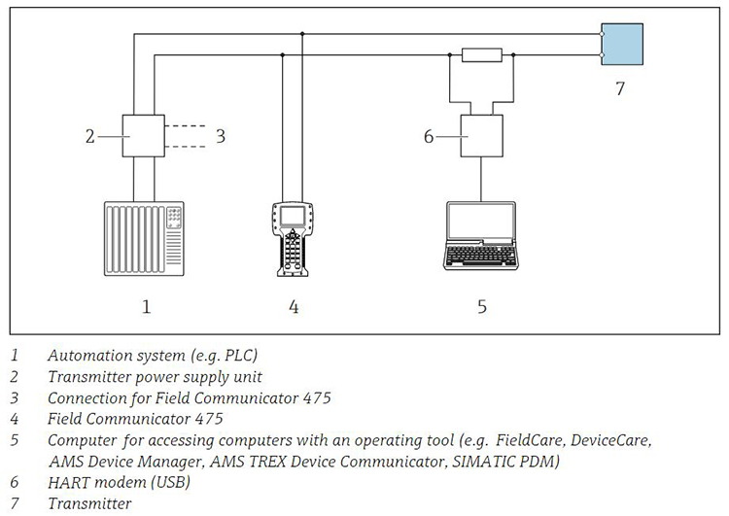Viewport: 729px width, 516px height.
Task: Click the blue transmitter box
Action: (622, 44)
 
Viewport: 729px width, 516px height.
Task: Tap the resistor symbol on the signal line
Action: (482, 54)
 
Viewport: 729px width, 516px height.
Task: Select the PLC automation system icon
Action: (144, 238)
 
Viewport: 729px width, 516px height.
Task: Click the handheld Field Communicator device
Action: (293, 239)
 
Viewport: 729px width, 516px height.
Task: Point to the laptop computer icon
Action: (481, 236)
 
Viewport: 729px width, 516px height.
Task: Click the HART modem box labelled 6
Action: (482, 136)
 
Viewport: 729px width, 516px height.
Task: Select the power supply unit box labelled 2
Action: (144, 136)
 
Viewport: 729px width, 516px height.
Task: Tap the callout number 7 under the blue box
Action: (620, 88)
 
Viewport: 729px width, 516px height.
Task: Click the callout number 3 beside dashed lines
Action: (221, 136)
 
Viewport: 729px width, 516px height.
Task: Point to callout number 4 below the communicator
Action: (294, 306)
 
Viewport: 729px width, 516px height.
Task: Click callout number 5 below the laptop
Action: (482, 306)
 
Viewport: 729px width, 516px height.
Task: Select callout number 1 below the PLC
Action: (147, 306)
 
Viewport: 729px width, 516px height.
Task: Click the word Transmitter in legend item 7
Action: (89, 503)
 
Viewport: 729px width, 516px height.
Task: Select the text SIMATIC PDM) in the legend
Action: (505, 462)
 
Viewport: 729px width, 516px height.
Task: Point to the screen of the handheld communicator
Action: (293, 215)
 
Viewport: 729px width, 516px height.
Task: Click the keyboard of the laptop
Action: (481, 256)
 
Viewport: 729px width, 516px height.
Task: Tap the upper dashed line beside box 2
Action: (185, 126)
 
